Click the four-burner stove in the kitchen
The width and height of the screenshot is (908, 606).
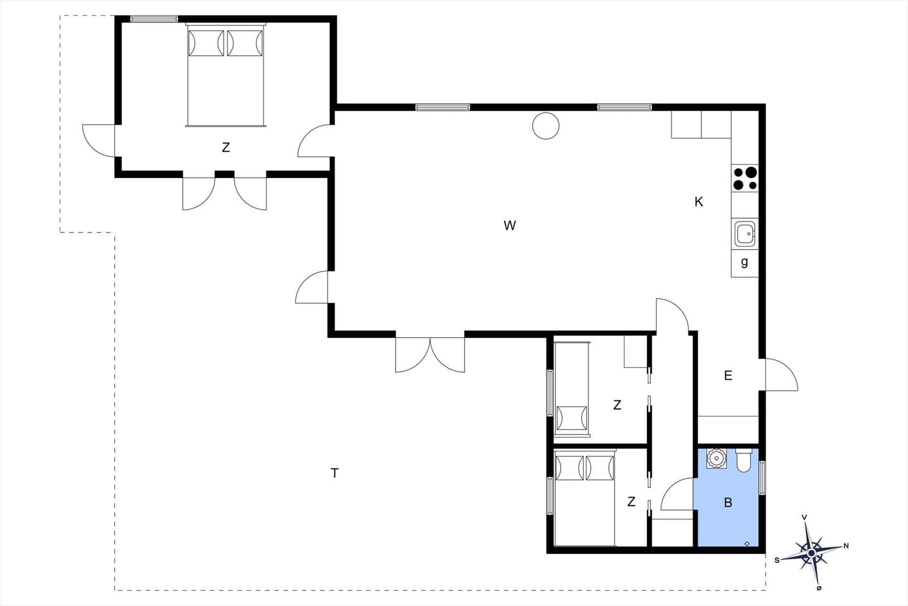(x=745, y=178)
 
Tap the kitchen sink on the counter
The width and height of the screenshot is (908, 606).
(x=745, y=233)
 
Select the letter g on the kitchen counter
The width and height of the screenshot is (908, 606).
(x=744, y=262)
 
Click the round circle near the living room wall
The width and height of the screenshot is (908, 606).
(x=545, y=126)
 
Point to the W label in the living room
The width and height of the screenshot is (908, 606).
(x=510, y=225)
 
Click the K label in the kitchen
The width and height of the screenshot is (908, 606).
(x=699, y=202)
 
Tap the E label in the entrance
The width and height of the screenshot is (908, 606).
(x=728, y=375)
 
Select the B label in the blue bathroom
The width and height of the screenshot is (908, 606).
(x=728, y=503)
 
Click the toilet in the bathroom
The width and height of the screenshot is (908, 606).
(x=743, y=460)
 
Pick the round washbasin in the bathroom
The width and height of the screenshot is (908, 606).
(x=716, y=458)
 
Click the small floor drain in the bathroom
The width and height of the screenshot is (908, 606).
(x=747, y=544)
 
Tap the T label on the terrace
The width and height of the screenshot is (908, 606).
(x=334, y=473)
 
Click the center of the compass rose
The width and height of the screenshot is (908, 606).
(x=811, y=553)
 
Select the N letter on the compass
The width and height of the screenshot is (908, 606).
(x=846, y=546)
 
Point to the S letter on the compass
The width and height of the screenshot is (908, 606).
(x=777, y=560)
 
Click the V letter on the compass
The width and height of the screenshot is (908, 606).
(x=804, y=517)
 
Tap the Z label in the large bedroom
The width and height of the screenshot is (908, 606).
(x=226, y=147)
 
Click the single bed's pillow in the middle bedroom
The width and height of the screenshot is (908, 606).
(x=571, y=418)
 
